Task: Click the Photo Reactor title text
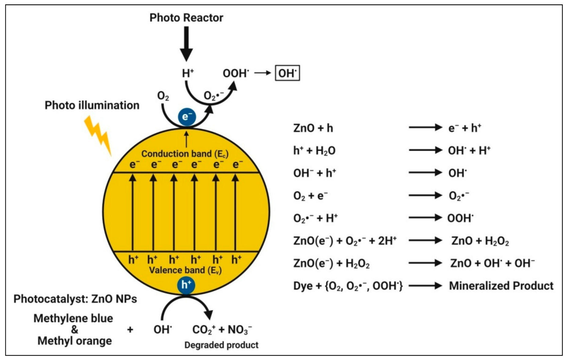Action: pyautogui.click(x=186, y=18)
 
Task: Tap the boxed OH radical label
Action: pyautogui.click(x=287, y=73)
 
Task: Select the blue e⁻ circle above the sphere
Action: pyautogui.click(x=187, y=117)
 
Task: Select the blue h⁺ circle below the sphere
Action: pyautogui.click(x=186, y=285)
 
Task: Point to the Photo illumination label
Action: pyautogui.click(x=92, y=105)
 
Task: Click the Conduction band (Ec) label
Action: pyautogui.click(x=185, y=154)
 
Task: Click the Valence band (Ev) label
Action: pyautogui.click(x=185, y=270)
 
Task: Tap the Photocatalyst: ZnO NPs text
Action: pyautogui.click(x=75, y=299)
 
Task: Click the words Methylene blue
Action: pyautogui.click(x=73, y=318)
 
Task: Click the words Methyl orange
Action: pyautogui.click(x=74, y=341)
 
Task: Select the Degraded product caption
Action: pyautogui.click(x=221, y=345)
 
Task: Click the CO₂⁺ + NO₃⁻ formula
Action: pyautogui.click(x=222, y=330)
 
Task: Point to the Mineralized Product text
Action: pyautogui.click(x=501, y=286)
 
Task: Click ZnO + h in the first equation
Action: pyautogui.click(x=313, y=128)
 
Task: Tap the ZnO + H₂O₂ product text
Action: pyautogui.click(x=480, y=241)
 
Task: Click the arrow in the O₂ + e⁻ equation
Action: pyautogui.click(x=425, y=195)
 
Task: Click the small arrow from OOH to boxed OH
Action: pyautogui.click(x=262, y=73)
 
